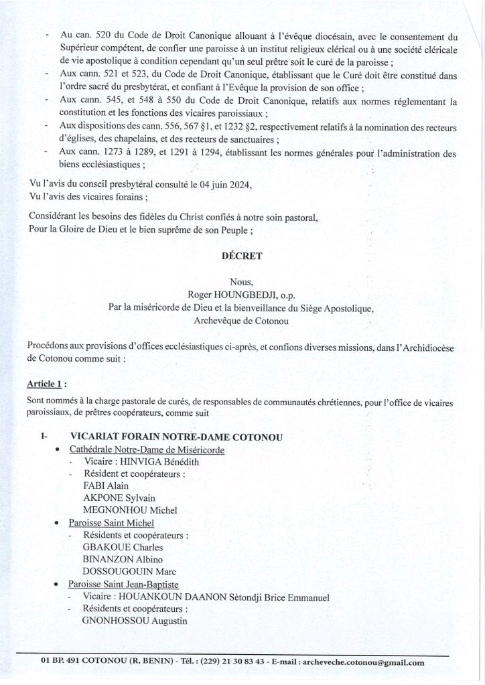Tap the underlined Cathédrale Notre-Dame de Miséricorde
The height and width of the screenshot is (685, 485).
point(146,449)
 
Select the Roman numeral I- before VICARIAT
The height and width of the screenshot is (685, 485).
point(46,437)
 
